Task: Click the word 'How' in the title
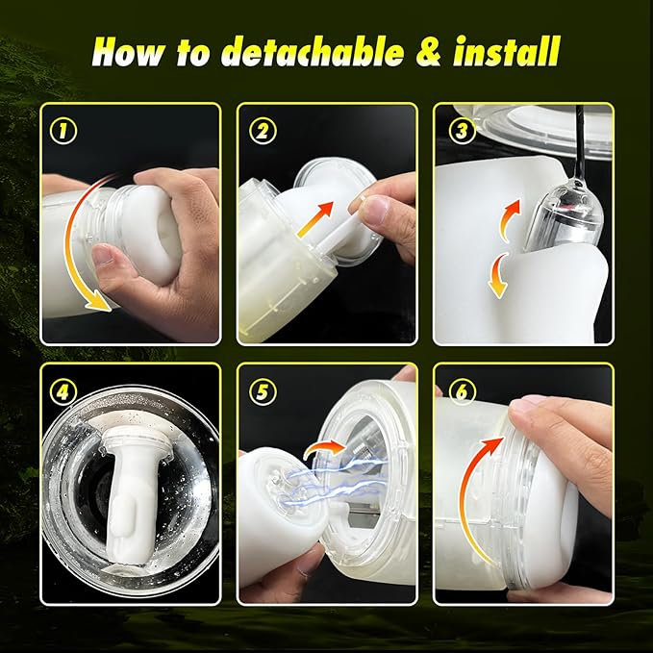[x=129, y=52]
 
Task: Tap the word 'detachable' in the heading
[x=312, y=52]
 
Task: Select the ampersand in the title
[x=429, y=52]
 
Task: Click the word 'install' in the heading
[x=507, y=51]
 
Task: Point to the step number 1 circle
[x=63, y=131]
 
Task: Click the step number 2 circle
[x=263, y=131]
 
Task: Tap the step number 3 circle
[x=462, y=131]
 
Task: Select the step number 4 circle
[x=63, y=391]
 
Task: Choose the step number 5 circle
[x=263, y=391]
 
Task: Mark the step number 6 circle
[x=462, y=391]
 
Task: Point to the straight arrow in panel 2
[x=315, y=219]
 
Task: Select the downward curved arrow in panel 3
[x=498, y=275]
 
